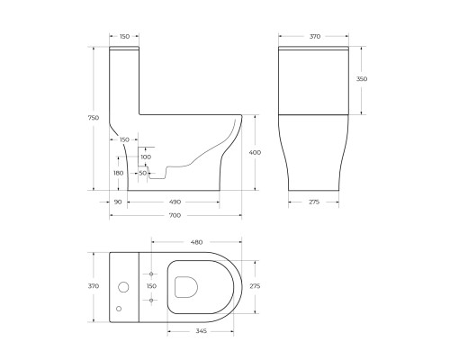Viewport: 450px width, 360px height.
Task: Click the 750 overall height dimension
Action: [x=94, y=118]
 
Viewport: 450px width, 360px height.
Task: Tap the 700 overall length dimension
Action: [x=175, y=215]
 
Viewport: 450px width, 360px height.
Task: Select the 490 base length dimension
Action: [x=175, y=202]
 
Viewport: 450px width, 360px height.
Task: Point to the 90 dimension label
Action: [x=118, y=202]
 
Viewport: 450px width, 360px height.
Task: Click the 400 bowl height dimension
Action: [x=255, y=152]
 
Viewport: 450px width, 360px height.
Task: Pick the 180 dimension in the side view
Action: [x=119, y=173]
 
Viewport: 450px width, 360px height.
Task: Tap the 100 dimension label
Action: [x=146, y=157]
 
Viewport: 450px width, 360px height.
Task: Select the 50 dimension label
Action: [x=143, y=173]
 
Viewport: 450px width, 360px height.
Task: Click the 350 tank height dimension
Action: [x=362, y=79]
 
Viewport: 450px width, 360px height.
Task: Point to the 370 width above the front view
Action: [x=315, y=36]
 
